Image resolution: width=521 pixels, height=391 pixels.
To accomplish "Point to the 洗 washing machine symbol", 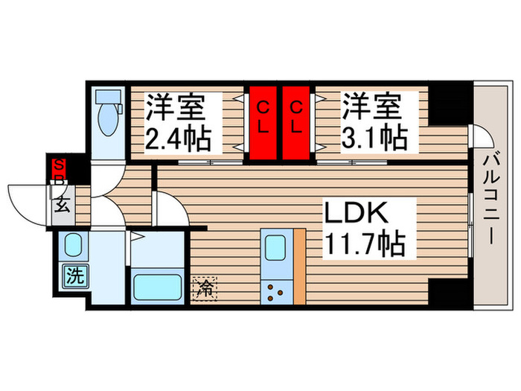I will coord(74,276).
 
